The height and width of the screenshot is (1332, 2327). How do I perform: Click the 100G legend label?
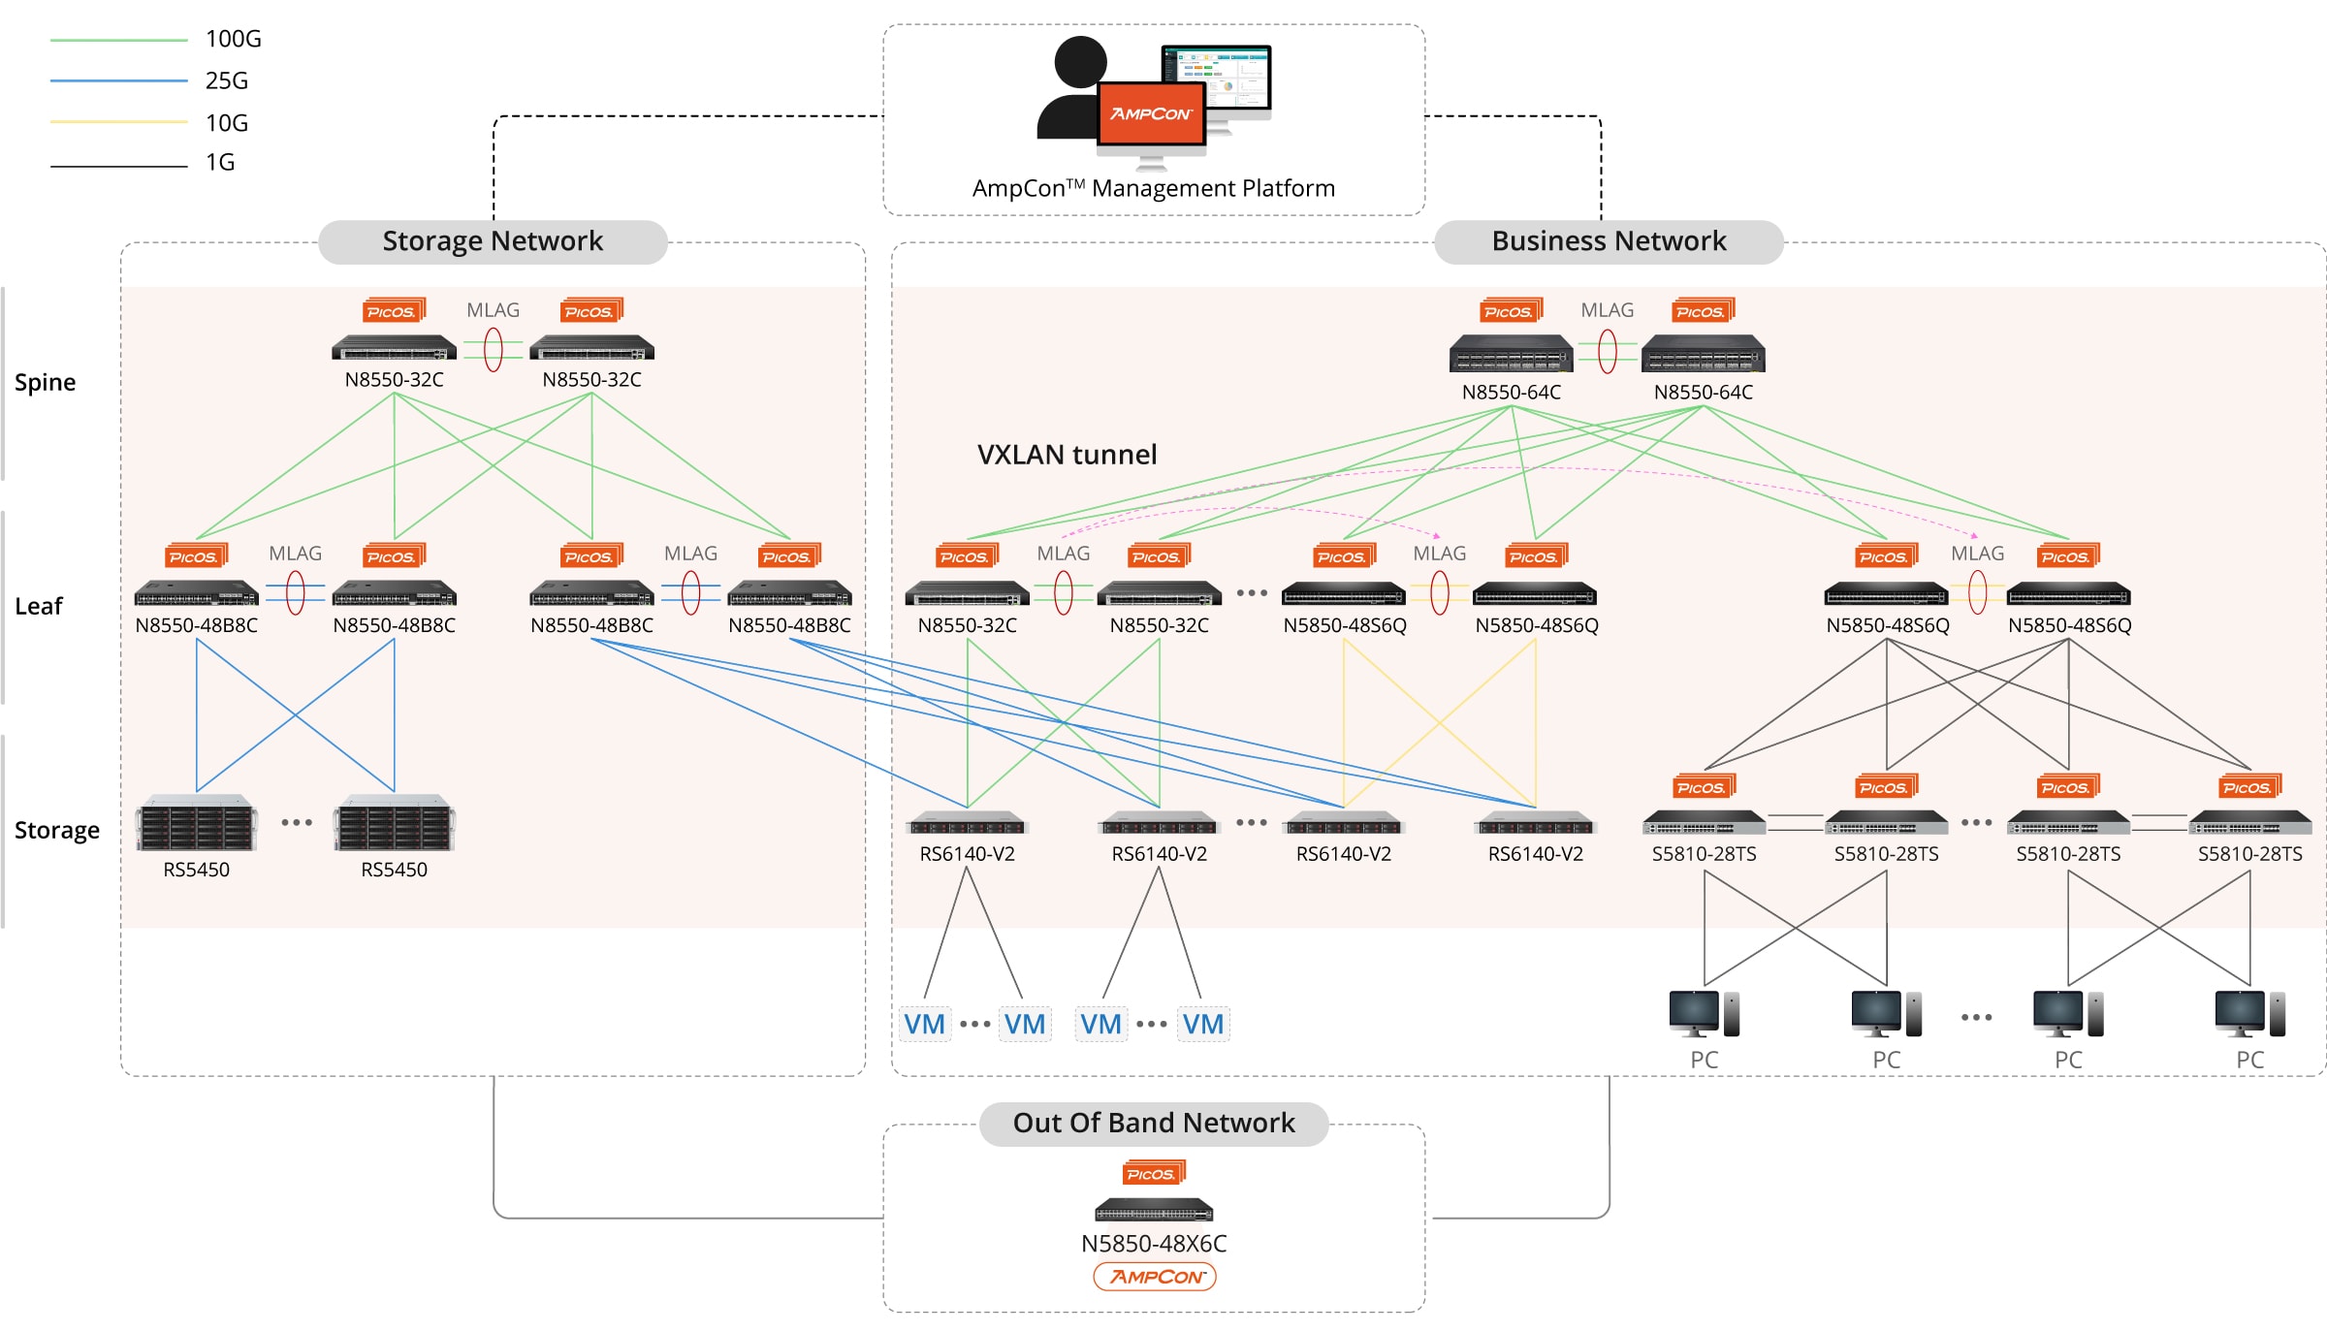point(233,39)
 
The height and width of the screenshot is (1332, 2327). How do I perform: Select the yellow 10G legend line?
point(118,122)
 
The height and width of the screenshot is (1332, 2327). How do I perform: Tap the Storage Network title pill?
point(493,241)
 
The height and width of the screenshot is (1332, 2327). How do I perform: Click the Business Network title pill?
point(1609,241)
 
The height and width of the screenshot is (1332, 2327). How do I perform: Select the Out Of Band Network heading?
point(1154,1123)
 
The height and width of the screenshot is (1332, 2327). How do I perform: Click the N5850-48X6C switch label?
point(1154,1243)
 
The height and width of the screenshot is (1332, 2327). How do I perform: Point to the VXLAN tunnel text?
point(1067,455)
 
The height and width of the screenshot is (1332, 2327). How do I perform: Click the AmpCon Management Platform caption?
point(1154,188)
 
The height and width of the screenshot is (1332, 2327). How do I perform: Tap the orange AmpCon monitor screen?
point(1151,113)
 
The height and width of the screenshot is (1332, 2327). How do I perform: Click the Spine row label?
point(45,382)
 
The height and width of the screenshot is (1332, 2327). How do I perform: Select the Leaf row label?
point(39,606)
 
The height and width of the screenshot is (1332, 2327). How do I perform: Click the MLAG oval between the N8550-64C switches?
point(1608,351)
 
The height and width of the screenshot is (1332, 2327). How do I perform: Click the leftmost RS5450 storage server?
point(197,824)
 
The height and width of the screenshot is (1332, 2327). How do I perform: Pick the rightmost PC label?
point(2249,1060)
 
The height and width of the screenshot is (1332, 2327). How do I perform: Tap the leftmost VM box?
point(924,1024)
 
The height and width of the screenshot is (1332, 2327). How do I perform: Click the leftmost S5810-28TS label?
point(1704,854)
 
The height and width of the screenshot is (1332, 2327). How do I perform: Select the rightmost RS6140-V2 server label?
point(1535,854)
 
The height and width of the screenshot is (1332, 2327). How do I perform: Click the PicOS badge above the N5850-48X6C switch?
point(1153,1173)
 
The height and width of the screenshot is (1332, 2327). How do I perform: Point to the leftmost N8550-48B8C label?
point(197,625)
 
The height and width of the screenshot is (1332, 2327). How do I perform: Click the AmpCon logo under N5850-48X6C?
point(1155,1277)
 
